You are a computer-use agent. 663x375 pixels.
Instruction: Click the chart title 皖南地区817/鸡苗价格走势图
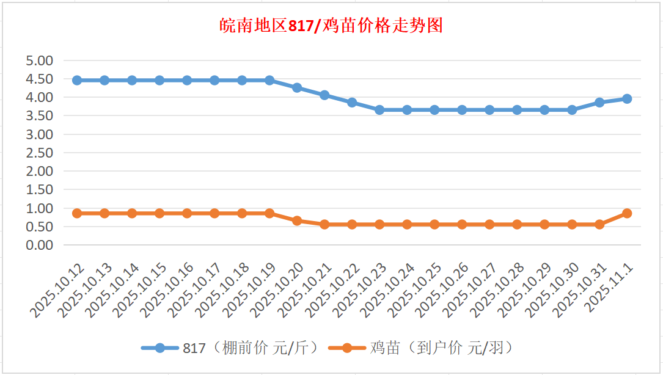[331, 26]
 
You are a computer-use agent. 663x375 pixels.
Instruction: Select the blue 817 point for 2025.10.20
[297, 87]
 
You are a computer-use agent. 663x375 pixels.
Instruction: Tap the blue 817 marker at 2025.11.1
[627, 98]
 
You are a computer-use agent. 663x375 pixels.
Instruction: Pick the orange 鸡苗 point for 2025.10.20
[297, 220]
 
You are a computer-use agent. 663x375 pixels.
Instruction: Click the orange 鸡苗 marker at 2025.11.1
[627, 213]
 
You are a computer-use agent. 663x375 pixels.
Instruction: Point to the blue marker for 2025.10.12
[77, 80]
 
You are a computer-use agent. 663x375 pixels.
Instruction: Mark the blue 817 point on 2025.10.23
[379, 110]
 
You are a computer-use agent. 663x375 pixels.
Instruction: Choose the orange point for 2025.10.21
[324, 224]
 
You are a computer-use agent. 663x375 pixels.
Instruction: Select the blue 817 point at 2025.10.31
[599, 102]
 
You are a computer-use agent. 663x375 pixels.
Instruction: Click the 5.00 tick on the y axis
[40, 60]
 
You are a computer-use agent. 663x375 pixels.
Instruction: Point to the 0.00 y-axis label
[40, 245]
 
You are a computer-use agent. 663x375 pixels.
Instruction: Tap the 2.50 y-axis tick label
[40, 153]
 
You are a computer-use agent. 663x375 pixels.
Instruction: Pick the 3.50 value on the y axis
[40, 115]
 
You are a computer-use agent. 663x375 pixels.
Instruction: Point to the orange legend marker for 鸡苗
[346, 348]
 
